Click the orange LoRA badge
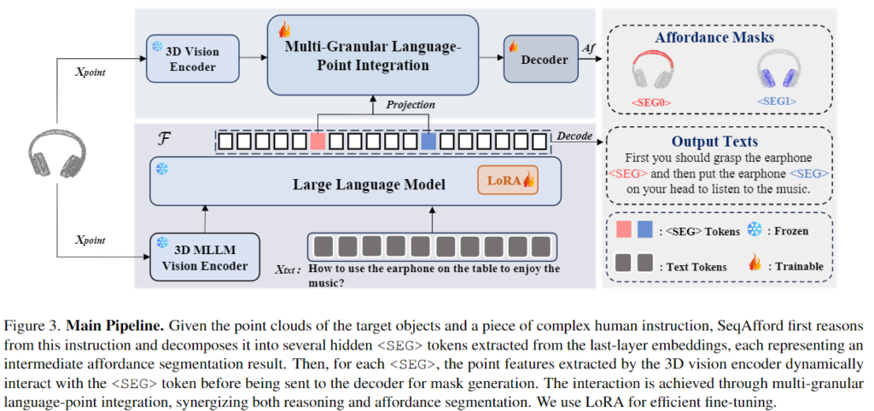(x=507, y=180)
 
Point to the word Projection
(x=409, y=105)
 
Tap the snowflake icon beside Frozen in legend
(x=755, y=230)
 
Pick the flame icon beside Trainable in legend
(x=755, y=265)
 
